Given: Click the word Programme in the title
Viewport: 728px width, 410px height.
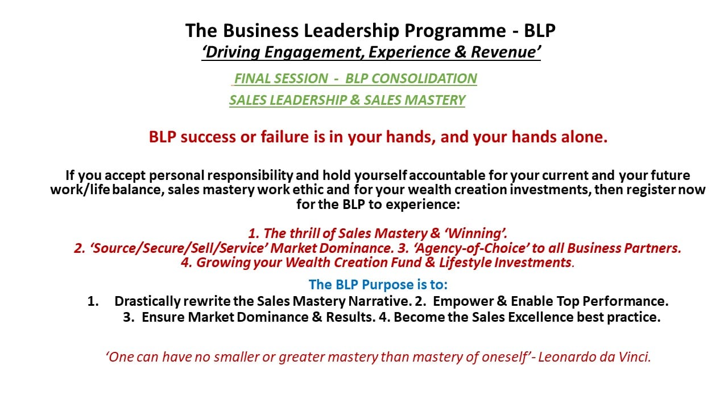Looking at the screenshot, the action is tap(455, 31).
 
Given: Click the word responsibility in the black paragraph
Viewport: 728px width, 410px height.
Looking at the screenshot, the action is tap(250, 175).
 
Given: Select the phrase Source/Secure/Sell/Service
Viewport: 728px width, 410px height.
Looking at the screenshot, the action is tap(179, 248).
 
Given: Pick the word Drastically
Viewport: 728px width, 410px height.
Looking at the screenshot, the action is tap(147, 301).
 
